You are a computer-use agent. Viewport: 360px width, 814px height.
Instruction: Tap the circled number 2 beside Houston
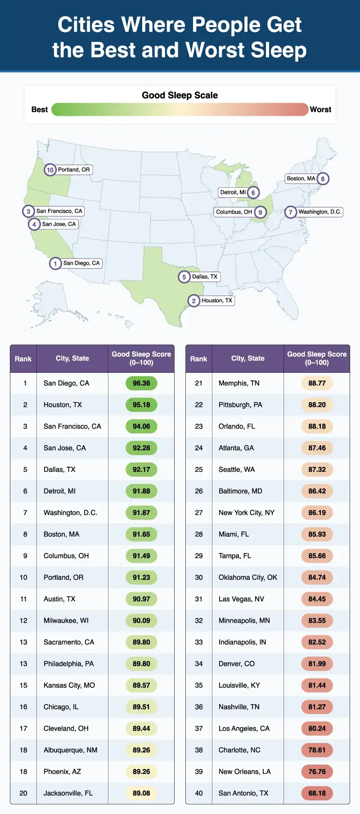193,301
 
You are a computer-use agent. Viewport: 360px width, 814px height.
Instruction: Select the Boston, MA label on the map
301,179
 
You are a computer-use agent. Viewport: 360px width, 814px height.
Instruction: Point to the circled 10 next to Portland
50,170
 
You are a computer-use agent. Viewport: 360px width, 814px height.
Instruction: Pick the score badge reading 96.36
141,383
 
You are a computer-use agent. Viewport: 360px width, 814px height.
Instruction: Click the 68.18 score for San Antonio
317,793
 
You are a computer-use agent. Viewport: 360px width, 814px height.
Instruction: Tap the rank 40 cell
199,793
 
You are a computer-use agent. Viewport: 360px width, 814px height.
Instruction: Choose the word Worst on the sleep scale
320,109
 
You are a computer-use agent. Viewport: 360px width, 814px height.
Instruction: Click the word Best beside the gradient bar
40,109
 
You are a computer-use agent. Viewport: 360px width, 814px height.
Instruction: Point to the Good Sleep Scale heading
180,95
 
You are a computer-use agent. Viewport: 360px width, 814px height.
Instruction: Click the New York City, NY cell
246,513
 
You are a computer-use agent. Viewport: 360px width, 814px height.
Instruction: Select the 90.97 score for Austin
141,599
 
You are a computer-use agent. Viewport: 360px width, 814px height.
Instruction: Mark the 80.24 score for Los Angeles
317,728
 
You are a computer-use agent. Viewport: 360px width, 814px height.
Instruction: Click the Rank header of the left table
23,359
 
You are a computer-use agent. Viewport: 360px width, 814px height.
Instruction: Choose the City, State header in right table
247,358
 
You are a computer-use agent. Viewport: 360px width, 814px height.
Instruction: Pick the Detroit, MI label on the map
233,193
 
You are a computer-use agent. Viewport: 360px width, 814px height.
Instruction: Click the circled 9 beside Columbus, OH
260,213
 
